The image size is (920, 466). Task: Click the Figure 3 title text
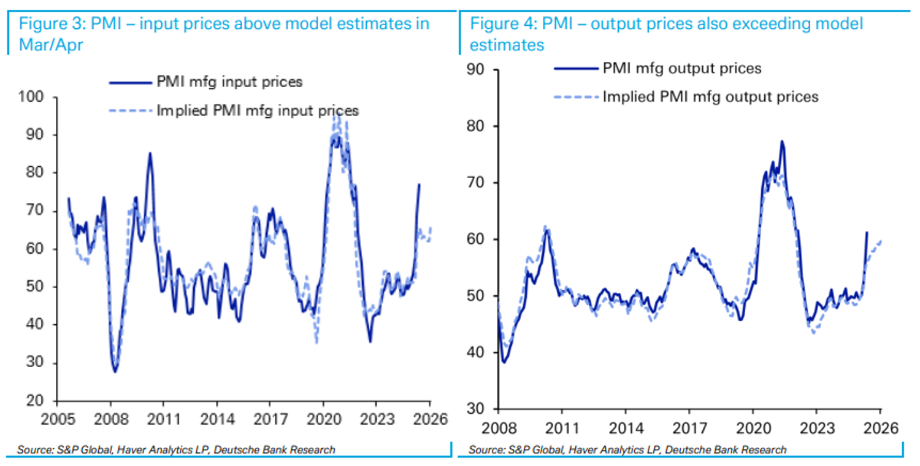click(x=224, y=34)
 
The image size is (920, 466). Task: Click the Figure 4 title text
click(x=667, y=34)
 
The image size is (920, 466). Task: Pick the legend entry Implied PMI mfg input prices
click(x=258, y=111)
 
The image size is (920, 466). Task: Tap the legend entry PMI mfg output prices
click(x=682, y=68)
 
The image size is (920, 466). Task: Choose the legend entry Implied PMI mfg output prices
click(x=710, y=96)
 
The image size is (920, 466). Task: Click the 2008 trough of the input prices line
click(x=115, y=371)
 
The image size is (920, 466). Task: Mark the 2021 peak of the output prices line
click(x=782, y=141)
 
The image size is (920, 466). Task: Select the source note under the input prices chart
click(x=177, y=450)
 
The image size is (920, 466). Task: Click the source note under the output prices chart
click(x=627, y=450)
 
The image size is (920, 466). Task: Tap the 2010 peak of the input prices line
click(x=150, y=153)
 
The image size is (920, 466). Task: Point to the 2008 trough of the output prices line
click(x=504, y=362)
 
